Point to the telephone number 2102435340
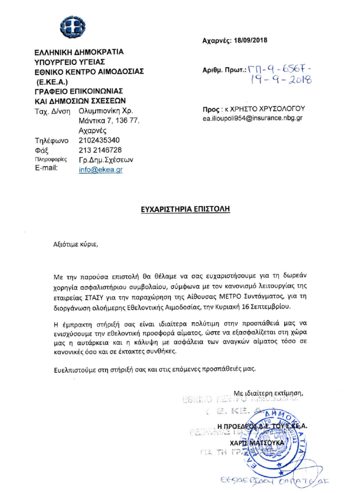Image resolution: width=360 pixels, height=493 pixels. (96, 141)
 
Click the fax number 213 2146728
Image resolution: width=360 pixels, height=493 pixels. (96, 150)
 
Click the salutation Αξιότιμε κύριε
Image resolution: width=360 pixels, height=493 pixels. (75, 244)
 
